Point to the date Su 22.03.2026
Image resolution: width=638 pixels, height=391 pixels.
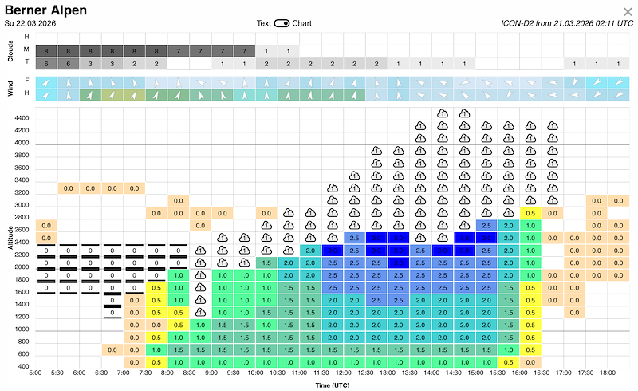pos(33,23)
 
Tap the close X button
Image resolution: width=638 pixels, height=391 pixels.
pos(627,11)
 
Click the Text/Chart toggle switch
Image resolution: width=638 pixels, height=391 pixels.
pos(282,23)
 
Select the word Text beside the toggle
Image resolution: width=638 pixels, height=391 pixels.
pos(263,23)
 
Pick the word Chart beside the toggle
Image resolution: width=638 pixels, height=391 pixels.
pos(301,23)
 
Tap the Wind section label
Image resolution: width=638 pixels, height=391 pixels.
pos(10,88)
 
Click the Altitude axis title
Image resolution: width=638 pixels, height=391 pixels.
pos(10,237)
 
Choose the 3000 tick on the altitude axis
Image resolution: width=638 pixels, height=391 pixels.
pos(21,205)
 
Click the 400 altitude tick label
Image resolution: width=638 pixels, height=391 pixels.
pos(23,366)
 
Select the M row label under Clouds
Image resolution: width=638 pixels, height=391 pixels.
pos(27,49)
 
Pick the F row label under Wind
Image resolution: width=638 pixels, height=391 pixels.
pos(27,81)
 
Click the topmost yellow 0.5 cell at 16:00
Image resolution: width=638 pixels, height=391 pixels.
pos(530,213)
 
